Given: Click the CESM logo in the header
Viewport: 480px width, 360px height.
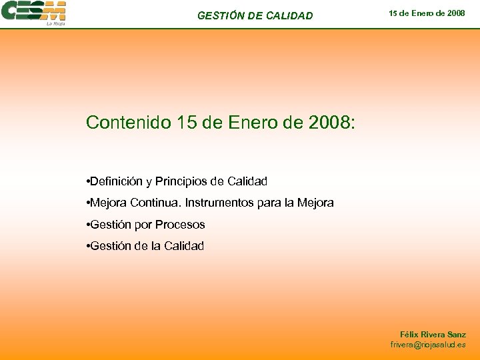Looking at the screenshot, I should click(x=33, y=11).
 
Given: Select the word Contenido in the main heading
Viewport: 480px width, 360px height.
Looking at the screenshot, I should click(x=129, y=123).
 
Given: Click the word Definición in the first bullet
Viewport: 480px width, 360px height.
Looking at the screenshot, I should click(x=115, y=181).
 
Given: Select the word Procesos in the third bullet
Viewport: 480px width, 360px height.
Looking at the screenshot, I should click(x=180, y=225).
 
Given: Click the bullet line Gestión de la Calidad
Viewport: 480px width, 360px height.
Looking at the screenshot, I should click(x=147, y=246).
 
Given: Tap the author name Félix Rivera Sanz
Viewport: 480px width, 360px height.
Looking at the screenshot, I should click(x=433, y=335).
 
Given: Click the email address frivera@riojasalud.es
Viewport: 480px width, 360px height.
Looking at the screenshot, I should click(x=428, y=345).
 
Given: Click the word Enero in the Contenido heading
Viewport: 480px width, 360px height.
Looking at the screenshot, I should click(x=253, y=123).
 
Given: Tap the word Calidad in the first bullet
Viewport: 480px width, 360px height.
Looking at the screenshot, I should click(x=247, y=181).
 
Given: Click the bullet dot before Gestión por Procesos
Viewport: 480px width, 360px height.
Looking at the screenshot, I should click(x=89, y=225).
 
